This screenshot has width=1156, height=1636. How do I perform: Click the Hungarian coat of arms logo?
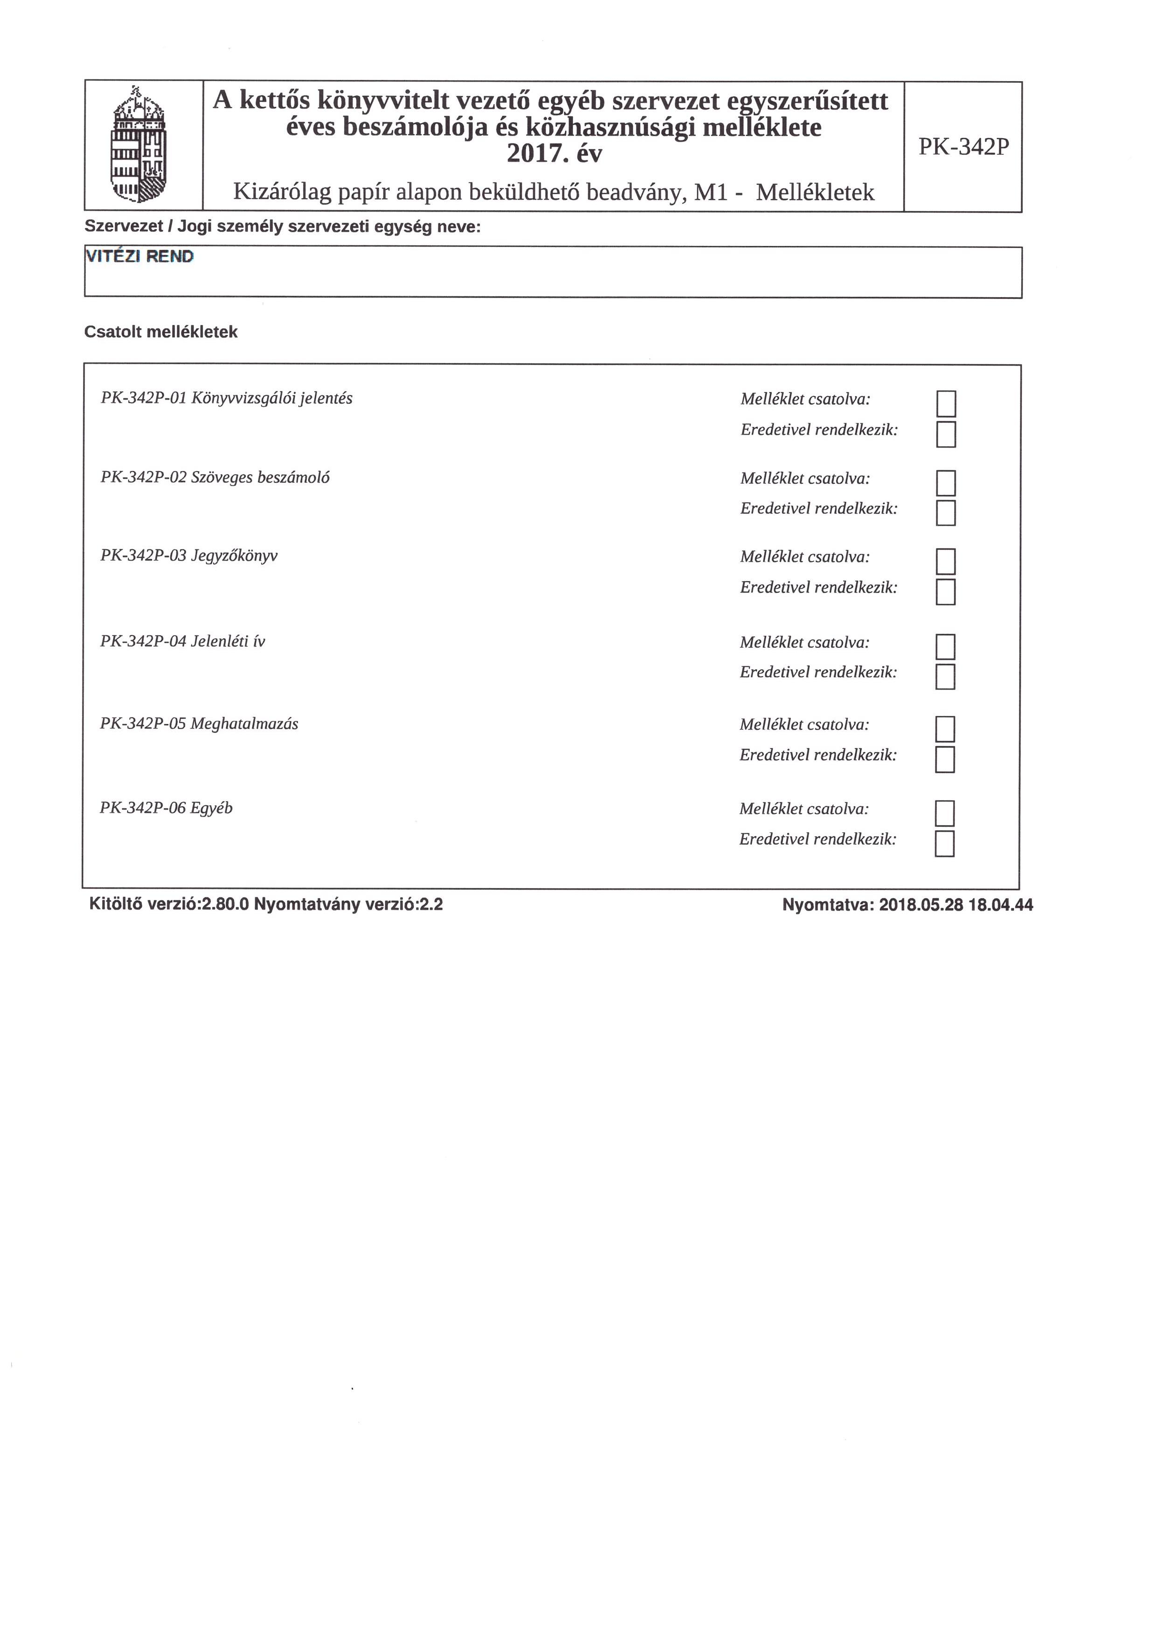click(139, 146)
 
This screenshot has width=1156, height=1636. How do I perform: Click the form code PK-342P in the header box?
click(963, 147)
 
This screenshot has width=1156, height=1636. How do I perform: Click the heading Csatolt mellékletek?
click(161, 332)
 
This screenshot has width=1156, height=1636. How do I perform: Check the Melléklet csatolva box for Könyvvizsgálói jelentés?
click(946, 404)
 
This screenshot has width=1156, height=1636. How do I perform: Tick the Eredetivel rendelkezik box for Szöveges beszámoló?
click(946, 513)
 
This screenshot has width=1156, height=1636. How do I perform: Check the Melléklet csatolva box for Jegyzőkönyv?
click(946, 562)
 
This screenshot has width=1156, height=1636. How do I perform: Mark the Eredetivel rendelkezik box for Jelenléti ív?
click(945, 677)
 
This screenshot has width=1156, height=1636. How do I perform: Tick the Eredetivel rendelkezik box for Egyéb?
click(944, 844)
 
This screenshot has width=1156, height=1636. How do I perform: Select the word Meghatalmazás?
click(244, 724)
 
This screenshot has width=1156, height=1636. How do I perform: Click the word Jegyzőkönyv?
click(235, 556)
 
